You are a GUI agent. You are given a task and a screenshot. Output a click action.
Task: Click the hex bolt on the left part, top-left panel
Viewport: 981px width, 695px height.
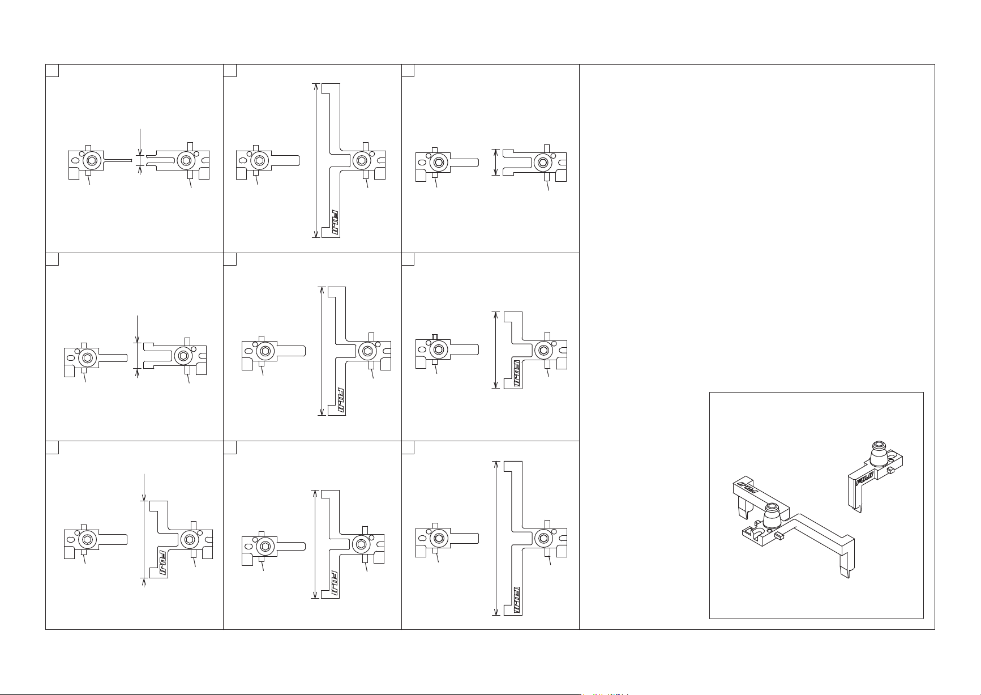pyautogui.click(x=92, y=161)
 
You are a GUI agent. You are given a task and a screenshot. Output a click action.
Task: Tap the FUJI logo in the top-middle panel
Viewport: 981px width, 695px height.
pyautogui.click(x=335, y=223)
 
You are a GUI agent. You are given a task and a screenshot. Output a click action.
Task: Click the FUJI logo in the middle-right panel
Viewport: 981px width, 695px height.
pyautogui.click(x=517, y=374)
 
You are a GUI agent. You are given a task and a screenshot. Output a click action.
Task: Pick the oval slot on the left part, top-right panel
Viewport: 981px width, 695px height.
pyautogui.click(x=422, y=162)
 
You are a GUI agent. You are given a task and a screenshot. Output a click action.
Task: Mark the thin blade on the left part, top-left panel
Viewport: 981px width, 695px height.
pyautogui.click(x=118, y=161)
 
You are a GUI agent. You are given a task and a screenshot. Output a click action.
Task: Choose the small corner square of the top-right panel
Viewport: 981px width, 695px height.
pyautogui.click(x=408, y=70)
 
